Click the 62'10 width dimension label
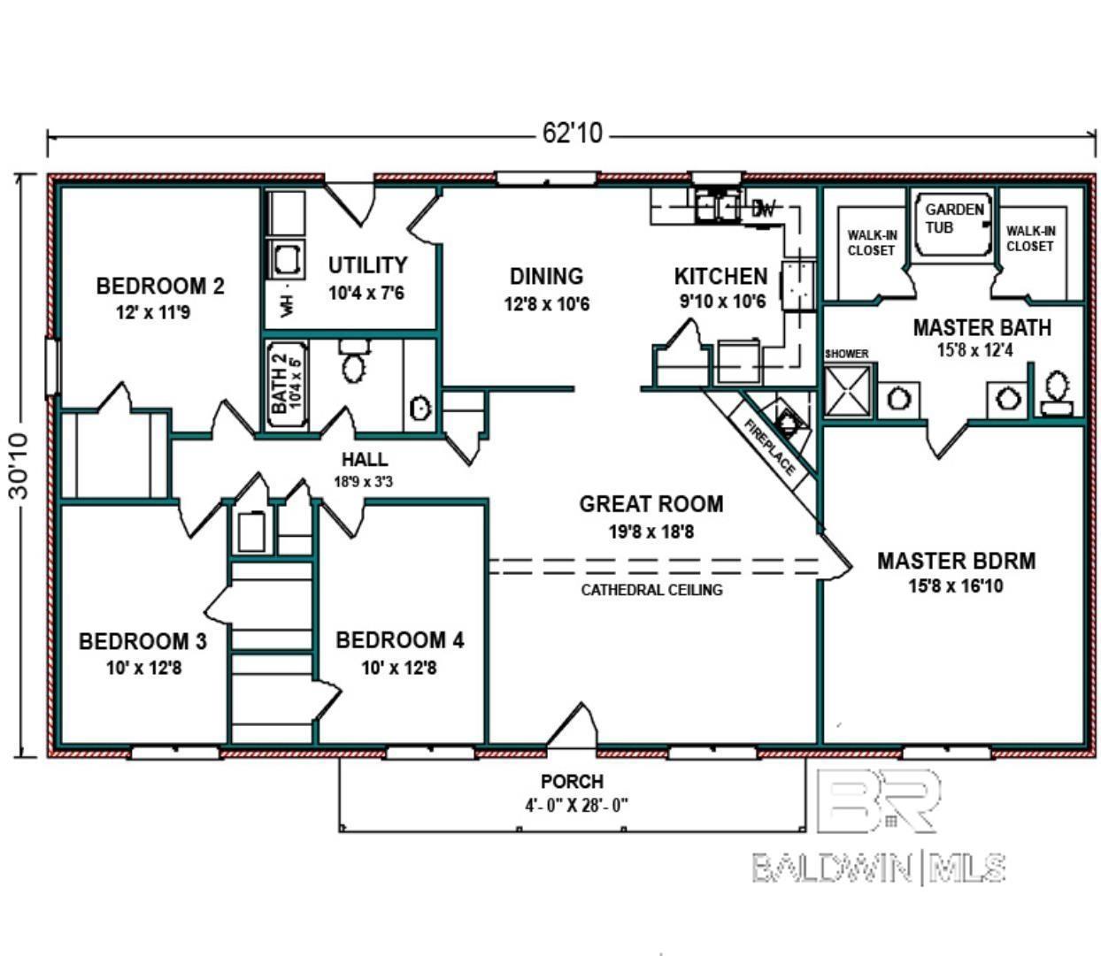coord(572,133)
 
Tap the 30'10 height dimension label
coord(19,466)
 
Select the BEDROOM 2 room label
coord(160,286)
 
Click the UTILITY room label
coord(367,265)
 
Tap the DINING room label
coord(546,277)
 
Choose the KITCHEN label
coord(720,277)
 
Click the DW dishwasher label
coord(763,208)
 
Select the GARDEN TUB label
coord(953,218)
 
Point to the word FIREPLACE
coord(769,447)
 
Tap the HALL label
coord(365,459)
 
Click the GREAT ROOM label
coord(651,504)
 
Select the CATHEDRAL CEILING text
coord(651,590)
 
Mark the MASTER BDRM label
coord(956,561)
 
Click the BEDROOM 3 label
coord(142,641)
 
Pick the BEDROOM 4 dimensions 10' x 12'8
coord(399,668)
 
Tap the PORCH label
coord(572,781)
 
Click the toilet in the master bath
coord(1057,393)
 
